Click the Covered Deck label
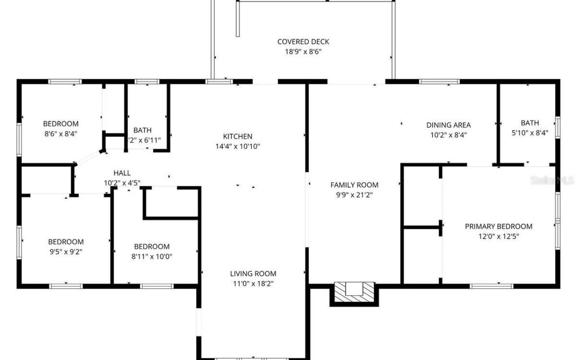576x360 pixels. [x=303, y=42]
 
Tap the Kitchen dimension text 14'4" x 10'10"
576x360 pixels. [x=238, y=146]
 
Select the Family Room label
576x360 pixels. [x=354, y=185]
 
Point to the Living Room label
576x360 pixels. [x=253, y=274]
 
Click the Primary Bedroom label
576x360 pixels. [x=498, y=226]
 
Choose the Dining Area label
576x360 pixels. [x=448, y=125]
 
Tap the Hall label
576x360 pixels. [x=122, y=173]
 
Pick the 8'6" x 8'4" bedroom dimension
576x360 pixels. [x=61, y=133]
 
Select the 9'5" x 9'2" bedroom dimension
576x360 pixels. [x=66, y=252]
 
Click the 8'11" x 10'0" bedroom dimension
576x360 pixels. [x=152, y=256]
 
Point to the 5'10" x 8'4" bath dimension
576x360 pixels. [x=530, y=133]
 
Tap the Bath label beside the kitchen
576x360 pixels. [x=142, y=130]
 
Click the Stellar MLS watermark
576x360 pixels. [x=552, y=180]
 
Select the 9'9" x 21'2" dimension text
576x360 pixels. [x=354, y=195]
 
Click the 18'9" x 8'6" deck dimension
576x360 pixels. [x=303, y=52]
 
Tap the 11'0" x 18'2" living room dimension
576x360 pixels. [x=253, y=283]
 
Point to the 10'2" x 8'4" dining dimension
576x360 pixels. [x=448, y=135]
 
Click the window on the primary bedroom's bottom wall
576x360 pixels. [x=491, y=286]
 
